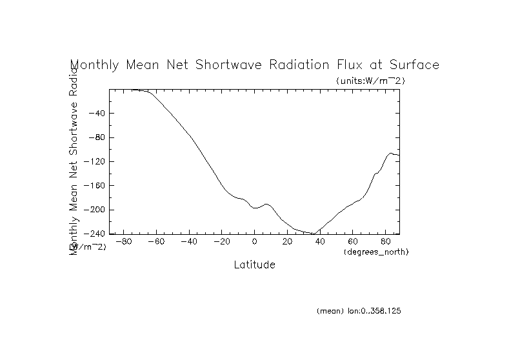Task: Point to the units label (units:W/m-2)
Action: [370, 81]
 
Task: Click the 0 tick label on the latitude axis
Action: [255, 242]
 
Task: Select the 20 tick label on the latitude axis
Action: [287, 242]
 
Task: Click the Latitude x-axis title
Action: [254, 265]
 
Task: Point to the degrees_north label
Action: [376, 251]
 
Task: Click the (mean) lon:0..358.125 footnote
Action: [359, 311]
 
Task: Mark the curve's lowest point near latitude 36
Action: [314, 234]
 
